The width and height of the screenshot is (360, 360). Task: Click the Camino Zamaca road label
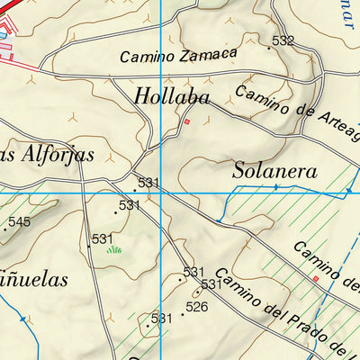(178, 55)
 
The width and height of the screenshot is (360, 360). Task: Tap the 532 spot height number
(283, 40)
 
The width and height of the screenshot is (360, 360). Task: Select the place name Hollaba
(172, 96)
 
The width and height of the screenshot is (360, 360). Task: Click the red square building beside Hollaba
(187, 121)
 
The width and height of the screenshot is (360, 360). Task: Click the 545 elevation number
(20, 221)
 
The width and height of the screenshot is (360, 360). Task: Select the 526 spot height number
(197, 307)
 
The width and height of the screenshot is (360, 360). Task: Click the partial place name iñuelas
(34, 280)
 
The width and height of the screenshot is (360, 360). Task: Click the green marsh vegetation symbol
(113, 249)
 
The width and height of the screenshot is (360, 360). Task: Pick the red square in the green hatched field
(316, 278)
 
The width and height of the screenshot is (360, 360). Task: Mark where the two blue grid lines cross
(160, 193)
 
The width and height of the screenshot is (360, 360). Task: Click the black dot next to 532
(269, 48)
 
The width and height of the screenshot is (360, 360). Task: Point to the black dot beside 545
(4, 229)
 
